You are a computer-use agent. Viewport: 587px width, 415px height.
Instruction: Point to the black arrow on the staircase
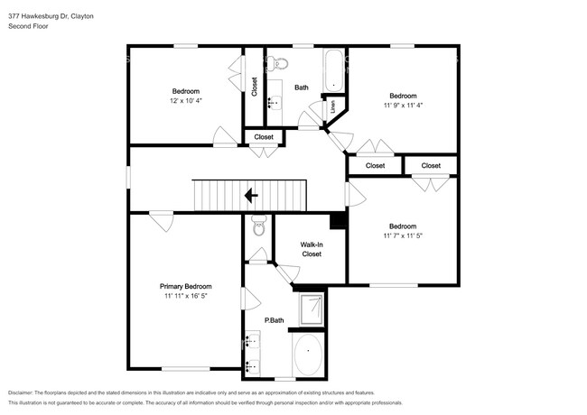pos(251,194)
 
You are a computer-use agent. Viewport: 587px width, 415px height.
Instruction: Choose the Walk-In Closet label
pos(311,249)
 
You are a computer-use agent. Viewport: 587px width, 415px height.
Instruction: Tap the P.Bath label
pos(275,320)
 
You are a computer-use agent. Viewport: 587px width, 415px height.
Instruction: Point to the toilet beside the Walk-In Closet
pos(258,227)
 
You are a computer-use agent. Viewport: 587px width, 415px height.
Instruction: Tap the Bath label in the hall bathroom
pos(302,88)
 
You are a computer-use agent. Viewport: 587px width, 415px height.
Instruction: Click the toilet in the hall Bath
pos(280,63)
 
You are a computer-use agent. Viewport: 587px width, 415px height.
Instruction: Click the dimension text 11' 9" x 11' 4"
pos(403,106)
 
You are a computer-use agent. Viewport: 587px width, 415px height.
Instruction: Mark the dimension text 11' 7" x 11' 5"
pos(403,236)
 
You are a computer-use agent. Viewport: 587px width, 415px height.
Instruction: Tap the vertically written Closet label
pos(255,87)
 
